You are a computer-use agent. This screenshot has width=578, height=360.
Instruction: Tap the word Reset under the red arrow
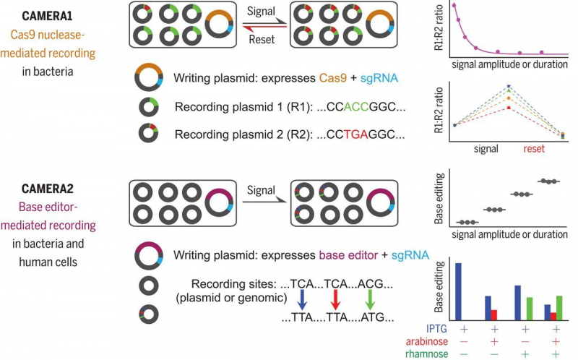[x=262, y=39]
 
